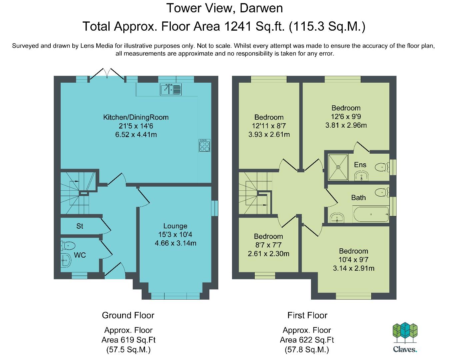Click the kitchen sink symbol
tap(171, 90)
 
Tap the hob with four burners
tap(204, 145)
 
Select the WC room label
tap(80, 255)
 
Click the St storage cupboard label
tap(80, 226)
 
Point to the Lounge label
tap(175, 226)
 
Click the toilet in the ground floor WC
tap(68, 246)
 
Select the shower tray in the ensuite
tap(338, 167)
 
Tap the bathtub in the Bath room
tap(371, 214)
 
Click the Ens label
tap(360, 165)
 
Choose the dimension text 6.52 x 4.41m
tap(136, 135)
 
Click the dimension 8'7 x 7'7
tap(268, 245)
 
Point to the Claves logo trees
tap(405, 333)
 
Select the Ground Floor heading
tap(128, 315)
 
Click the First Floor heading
tap(307, 315)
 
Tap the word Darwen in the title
tap(261, 8)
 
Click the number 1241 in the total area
tap(238, 26)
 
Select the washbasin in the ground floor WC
tap(66, 260)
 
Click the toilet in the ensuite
tap(382, 167)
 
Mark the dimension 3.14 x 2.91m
tap(354, 268)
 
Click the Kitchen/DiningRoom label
tap(136, 117)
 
